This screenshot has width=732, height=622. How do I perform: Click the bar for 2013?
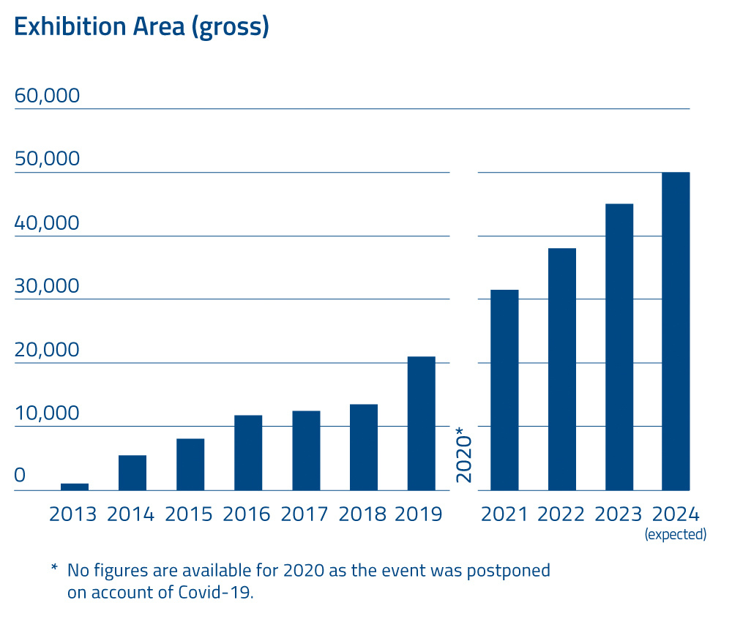coord(75,487)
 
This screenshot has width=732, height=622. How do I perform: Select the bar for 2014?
coord(132,473)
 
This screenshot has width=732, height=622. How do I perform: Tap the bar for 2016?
coord(248,452)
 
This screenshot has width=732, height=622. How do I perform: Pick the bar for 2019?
coord(422,423)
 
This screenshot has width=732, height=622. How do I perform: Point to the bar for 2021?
coord(504,390)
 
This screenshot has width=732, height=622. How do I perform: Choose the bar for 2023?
coord(619,347)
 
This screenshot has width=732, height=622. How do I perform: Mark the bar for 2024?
coord(676,331)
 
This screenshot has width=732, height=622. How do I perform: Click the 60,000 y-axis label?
coord(47,97)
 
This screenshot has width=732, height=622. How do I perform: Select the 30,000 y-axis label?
coord(47,286)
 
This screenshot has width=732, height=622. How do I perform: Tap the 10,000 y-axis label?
coord(47,413)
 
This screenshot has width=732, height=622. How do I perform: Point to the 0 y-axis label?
coord(20,476)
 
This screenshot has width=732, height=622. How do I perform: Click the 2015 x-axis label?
coord(189,514)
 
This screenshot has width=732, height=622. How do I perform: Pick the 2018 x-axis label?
coord(363,514)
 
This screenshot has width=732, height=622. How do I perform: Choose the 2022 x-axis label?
coord(561,514)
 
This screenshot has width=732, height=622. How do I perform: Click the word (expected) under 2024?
coord(676,535)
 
